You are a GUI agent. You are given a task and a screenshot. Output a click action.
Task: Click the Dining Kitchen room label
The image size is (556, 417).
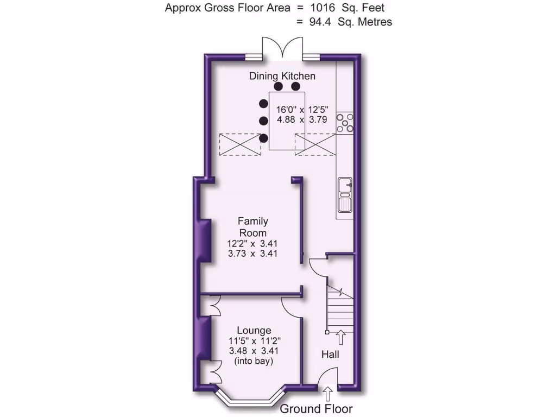tap(282, 76)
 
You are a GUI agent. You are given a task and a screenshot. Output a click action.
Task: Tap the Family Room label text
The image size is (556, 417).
tap(252, 227)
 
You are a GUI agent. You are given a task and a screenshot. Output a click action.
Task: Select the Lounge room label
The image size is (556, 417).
tap(254, 330)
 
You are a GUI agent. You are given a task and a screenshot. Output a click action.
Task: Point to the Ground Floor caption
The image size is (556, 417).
tap(316, 409)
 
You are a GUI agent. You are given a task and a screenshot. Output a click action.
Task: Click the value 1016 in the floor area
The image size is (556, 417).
tap(323, 8)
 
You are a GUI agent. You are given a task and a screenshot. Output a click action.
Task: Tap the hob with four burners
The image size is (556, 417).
tap(344, 122)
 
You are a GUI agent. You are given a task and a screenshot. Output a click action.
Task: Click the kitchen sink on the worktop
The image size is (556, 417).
tap(344, 195)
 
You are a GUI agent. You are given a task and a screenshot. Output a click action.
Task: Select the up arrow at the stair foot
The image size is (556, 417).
tap(341, 337)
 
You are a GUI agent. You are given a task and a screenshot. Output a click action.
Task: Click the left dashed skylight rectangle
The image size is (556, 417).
tap(240, 144)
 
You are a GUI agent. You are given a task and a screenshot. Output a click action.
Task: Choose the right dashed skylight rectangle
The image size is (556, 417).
tap(315, 144)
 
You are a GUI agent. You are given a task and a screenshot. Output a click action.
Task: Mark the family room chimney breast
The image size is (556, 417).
tap(205, 239)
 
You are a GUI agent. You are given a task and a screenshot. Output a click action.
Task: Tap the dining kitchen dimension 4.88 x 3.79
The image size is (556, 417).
tap(301, 120)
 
